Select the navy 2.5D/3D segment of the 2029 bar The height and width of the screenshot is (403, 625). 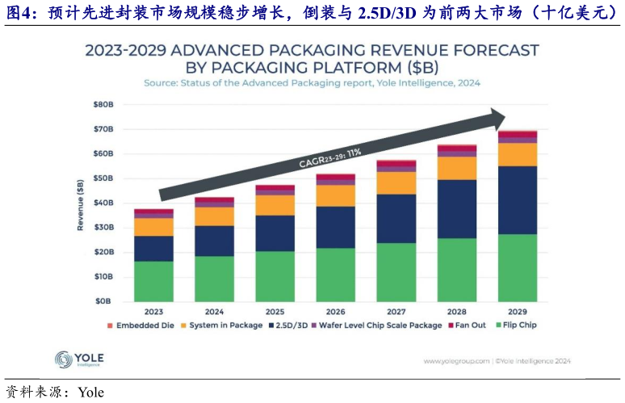[x=518, y=200]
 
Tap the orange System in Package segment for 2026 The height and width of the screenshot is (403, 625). [x=335, y=195]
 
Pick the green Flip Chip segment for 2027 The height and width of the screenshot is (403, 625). [x=396, y=271]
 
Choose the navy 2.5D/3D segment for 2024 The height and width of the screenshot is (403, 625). [x=214, y=241]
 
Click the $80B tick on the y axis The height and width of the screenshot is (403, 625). [x=102, y=105]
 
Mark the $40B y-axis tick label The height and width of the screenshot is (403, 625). [x=102, y=203]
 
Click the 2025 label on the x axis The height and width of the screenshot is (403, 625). [x=275, y=311]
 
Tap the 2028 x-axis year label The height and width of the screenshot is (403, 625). [x=457, y=311]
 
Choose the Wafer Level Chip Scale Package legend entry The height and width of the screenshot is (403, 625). [x=380, y=325]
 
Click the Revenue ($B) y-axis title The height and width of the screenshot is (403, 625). [x=81, y=203]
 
